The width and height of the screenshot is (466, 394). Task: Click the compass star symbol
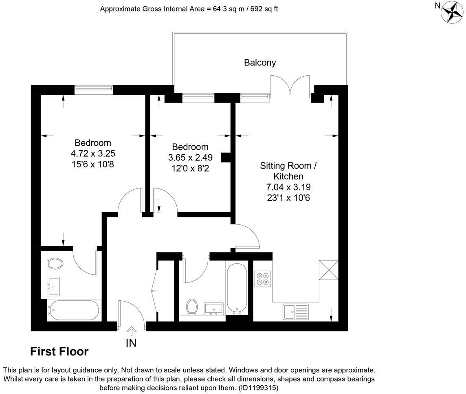(451, 12)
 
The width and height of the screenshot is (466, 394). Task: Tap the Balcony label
(260, 63)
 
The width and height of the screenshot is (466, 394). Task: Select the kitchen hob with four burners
(263, 278)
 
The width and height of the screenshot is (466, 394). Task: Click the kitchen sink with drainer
(296, 312)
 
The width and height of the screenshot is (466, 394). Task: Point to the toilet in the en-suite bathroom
(55, 263)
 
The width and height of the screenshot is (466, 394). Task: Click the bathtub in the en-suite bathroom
(74, 311)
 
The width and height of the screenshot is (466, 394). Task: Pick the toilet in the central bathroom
(192, 307)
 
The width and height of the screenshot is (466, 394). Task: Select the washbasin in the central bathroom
(213, 309)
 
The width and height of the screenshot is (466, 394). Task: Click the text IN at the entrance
(131, 343)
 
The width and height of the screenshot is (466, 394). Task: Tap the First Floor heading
(59, 352)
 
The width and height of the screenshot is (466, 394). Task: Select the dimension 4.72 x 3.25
(92, 154)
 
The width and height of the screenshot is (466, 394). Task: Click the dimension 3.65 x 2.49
(190, 158)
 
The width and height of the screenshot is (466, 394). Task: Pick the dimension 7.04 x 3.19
(288, 187)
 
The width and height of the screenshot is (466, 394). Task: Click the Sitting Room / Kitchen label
(288, 171)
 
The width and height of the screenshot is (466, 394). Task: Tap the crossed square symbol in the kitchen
(328, 270)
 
